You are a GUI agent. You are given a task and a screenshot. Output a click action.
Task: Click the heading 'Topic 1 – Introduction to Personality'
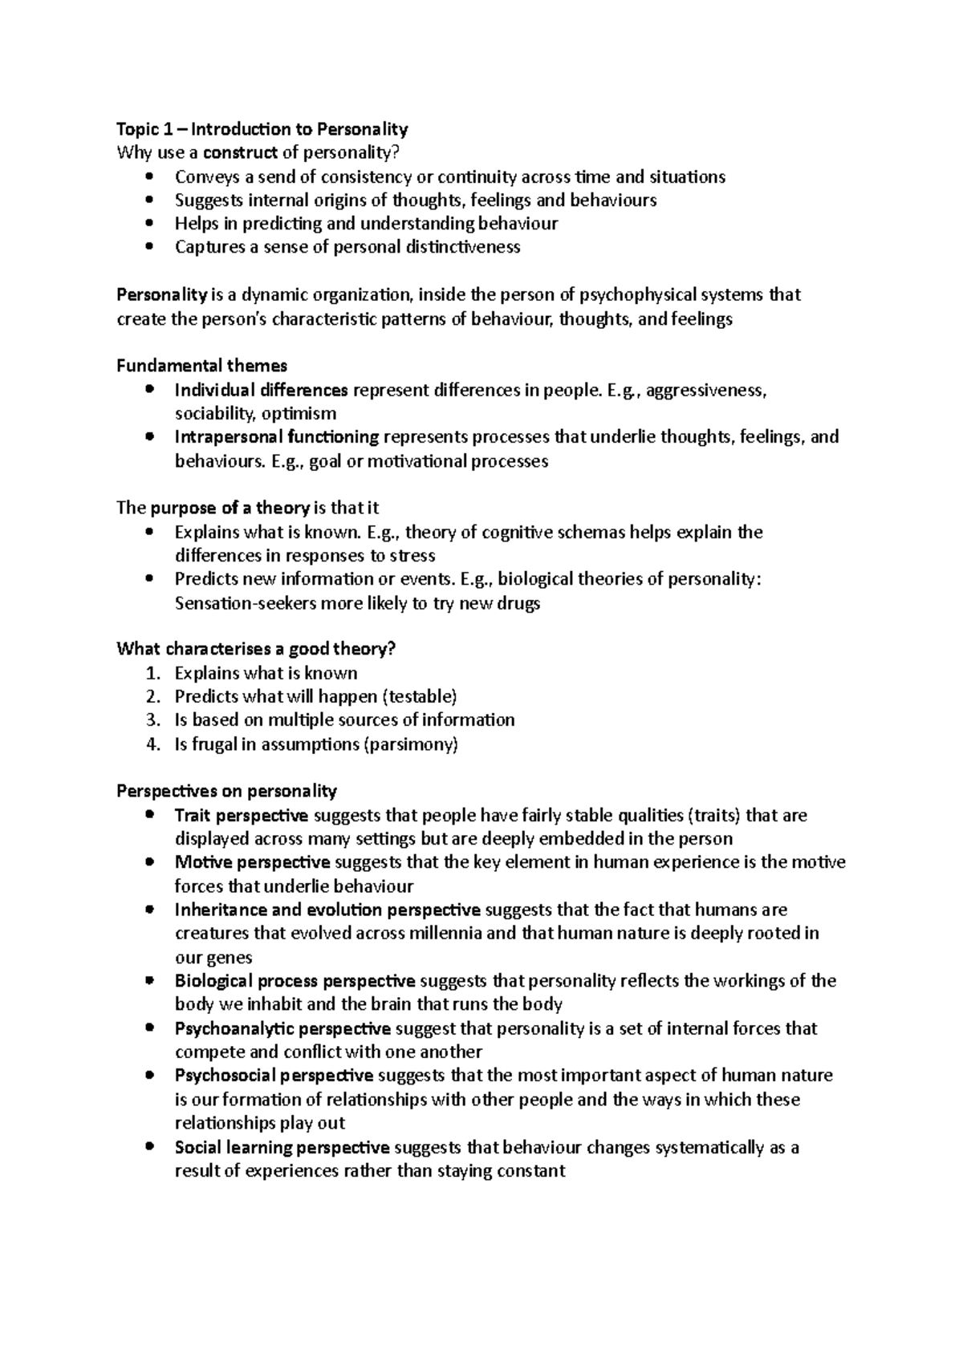[x=262, y=129]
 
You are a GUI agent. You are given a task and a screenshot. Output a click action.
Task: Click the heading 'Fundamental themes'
[x=201, y=366]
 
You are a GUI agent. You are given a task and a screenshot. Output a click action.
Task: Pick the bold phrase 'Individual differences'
[x=261, y=390]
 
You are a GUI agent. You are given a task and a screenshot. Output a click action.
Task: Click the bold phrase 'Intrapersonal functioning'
[x=277, y=437]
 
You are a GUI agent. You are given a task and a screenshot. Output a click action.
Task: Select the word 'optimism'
[x=299, y=414]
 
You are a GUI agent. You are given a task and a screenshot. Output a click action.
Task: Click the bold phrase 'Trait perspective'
[x=242, y=816]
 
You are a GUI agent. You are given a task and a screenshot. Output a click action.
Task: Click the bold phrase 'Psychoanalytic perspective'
[x=282, y=1028]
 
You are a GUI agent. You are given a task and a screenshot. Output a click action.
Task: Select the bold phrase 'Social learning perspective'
[x=282, y=1148]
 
